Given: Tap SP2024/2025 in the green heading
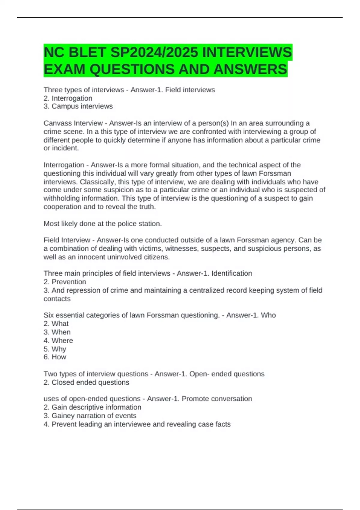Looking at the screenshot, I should coord(154,52).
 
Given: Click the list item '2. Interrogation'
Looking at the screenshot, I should coord(68,98).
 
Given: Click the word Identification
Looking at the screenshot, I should coord(232,273).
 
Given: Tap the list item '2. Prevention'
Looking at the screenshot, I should coord(65,282).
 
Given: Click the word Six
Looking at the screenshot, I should coord(49,315).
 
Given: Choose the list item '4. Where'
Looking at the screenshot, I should coord(58,340).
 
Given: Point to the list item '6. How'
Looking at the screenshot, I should coord(55,357).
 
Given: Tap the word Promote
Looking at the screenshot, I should coord(195,399).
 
